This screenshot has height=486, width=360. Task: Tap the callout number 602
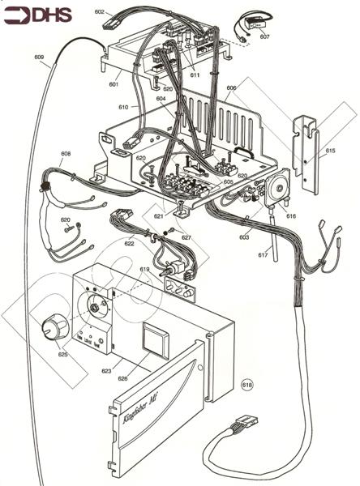click(100, 12)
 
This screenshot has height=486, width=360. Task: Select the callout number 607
click(264, 36)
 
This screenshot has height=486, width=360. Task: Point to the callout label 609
click(39, 57)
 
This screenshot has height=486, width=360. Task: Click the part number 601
click(114, 83)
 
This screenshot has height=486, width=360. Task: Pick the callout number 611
click(195, 75)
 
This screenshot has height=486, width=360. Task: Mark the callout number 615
click(330, 151)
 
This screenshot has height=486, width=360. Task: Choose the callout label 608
click(66, 153)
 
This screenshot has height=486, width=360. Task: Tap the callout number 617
click(263, 256)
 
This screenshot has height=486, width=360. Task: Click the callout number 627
click(186, 237)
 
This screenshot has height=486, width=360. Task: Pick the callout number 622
click(129, 243)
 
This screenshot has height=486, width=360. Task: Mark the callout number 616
click(291, 217)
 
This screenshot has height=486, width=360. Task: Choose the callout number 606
click(231, 87)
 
